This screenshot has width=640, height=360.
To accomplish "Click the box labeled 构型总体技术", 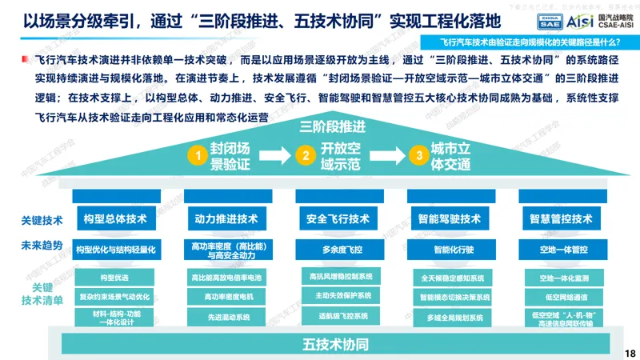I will [114, 218].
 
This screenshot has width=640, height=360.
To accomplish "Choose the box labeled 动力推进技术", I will [226, 218].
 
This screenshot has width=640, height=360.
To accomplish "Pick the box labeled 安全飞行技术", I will [337, 218].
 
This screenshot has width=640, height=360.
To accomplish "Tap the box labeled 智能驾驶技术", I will [448, 218].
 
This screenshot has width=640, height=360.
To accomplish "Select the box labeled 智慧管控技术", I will [560, 218].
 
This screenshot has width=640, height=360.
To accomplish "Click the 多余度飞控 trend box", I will [337, 249].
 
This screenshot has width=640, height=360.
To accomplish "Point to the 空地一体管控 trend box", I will [560, 249].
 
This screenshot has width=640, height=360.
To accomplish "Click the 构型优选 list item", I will [114, 277].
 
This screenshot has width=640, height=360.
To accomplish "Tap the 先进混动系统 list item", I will [226, 317].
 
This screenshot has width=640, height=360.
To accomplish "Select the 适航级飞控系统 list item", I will [337, 317].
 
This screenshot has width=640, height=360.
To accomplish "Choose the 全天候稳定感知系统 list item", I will [448, 278].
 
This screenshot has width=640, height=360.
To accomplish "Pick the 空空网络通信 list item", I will [560, 296].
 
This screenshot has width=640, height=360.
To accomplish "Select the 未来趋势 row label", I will [42, 246].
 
